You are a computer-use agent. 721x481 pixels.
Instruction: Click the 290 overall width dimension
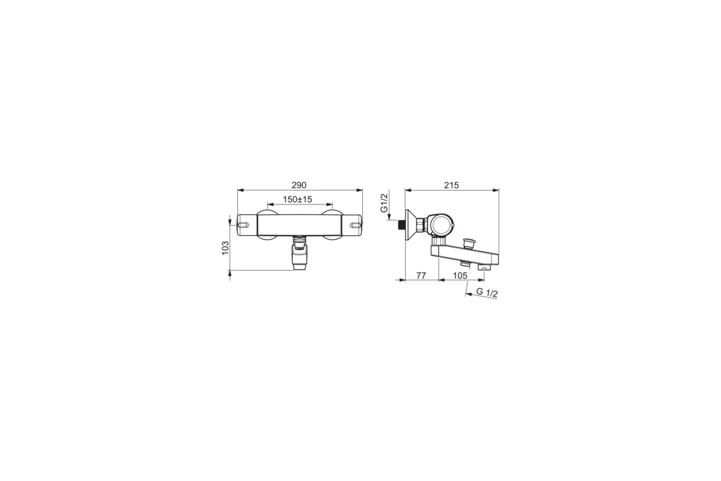point(299,185)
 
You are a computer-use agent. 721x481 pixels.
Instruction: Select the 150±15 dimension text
point(297,200)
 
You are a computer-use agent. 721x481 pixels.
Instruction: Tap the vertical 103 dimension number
point(225,248)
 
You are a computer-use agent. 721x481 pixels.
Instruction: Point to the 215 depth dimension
point(451,185)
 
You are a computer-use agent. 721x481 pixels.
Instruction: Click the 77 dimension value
point(421,276)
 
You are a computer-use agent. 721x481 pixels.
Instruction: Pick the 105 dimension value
point(460,276)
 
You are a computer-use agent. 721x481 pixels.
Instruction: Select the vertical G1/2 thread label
point(384,203)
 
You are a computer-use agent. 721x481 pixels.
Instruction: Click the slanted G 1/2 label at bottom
point(487,293)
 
